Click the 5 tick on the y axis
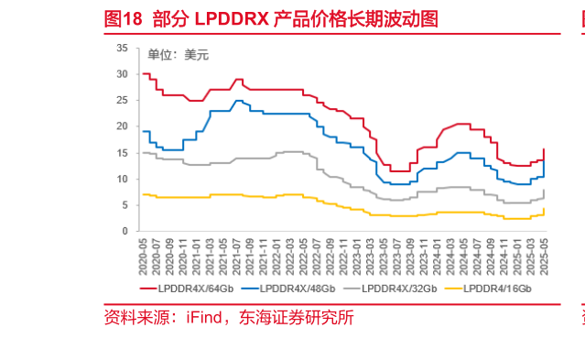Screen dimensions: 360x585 (x=125, y=205)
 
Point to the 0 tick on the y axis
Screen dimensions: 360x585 (x=125, y=232)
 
